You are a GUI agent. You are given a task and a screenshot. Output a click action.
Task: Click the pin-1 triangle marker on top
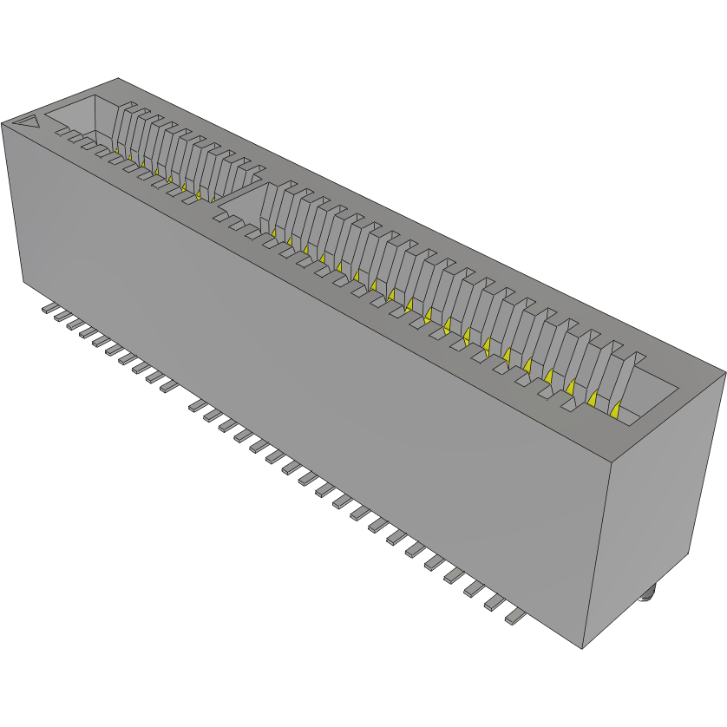coord(28,122)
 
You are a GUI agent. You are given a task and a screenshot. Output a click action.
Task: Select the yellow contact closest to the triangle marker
coord(116,151)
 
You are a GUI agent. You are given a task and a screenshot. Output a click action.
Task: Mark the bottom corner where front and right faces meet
coord(583,647)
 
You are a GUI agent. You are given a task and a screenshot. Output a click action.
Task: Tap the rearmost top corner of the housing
coord(117,79)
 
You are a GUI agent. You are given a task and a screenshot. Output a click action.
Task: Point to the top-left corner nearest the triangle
coord(3,122)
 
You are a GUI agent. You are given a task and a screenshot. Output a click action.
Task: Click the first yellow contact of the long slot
coord(272,233)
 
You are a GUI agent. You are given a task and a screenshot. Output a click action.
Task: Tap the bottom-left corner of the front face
coord(23,281)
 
